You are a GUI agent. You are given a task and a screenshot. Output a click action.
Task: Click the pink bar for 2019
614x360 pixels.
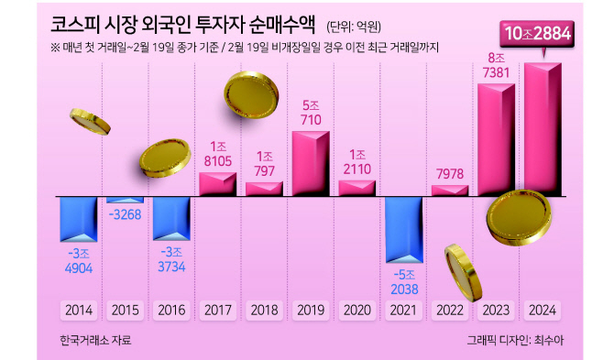[x=311, y=164]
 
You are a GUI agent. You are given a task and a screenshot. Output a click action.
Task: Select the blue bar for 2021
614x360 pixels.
[x=404, y=229]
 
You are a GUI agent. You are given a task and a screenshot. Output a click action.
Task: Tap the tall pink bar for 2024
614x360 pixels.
[x=543, y=129]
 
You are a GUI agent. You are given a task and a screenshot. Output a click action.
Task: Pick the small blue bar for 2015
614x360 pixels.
[x=126, y=200]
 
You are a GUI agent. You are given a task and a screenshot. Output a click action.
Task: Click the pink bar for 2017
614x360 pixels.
[x=218, y=184]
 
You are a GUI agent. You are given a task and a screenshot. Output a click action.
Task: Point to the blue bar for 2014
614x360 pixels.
[x=78, y=219]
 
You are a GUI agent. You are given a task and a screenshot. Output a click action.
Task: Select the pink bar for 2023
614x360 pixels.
[x=496, y=140]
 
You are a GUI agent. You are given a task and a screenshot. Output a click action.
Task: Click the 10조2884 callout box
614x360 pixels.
[x=537, y=34]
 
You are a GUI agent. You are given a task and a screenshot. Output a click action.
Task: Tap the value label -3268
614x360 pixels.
[x=125, y=214]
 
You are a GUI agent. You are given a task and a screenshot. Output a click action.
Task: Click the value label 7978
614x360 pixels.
[x=450, y=174]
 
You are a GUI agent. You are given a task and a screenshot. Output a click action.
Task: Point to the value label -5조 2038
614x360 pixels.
[x=404, y=282]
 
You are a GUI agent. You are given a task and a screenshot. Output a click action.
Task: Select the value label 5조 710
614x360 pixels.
[x=311, y=113]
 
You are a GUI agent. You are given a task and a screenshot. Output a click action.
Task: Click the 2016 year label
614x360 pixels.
[x=171, y=311]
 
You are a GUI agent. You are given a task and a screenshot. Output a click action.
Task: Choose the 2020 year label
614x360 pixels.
[x=357, y=311]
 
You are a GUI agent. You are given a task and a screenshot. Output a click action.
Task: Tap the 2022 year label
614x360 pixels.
[x=450, y=311]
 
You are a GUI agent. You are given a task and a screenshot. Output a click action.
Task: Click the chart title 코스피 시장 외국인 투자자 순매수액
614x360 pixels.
[x=182, y=26]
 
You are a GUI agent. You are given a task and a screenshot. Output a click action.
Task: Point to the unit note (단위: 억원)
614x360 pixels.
[x=354, y=27]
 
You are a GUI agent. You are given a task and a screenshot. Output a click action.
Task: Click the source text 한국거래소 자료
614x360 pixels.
[x=95, y=340]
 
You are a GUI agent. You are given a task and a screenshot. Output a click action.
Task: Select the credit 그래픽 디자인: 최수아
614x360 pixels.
[x=515, y=340]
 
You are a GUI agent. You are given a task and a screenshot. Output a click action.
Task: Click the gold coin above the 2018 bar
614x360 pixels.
[x=251, y=94]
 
